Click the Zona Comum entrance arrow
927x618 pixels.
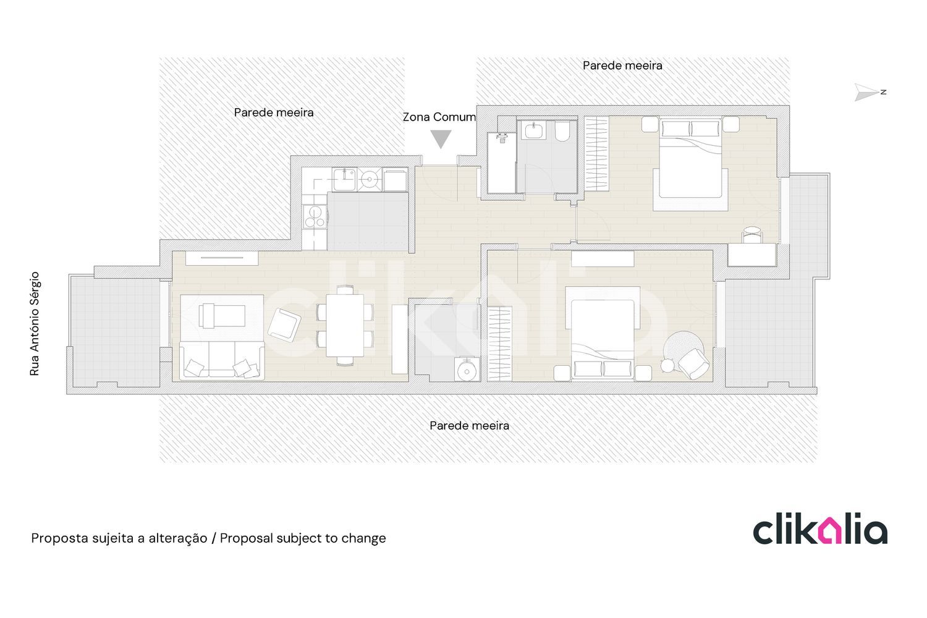pos(441,138)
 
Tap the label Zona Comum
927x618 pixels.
pos(439,117)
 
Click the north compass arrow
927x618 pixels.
pos(866,92)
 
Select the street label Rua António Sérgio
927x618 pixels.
pos(35,324)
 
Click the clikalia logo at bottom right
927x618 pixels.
pos(820,528)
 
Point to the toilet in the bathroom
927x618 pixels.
pos(562,131)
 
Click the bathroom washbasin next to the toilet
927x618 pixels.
pos(533,130)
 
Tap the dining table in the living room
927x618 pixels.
pos(345,325)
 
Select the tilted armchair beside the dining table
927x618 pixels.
pos(284,325)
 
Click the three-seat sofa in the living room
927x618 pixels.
pos(222,360)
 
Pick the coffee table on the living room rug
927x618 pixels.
pos(222,316)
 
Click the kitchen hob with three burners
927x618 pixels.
pos(315,216)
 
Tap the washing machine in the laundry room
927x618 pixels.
pos(467,368)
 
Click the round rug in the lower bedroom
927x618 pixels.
pos(683,352)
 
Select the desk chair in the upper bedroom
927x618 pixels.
pos(752,234)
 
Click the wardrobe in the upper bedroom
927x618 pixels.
pos(596,153)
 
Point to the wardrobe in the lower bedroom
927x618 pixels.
pos(500,344)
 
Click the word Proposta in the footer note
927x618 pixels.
pos(60,538)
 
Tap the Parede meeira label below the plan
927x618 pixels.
pos(469,426)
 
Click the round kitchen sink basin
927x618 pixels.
pos(369,179)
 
